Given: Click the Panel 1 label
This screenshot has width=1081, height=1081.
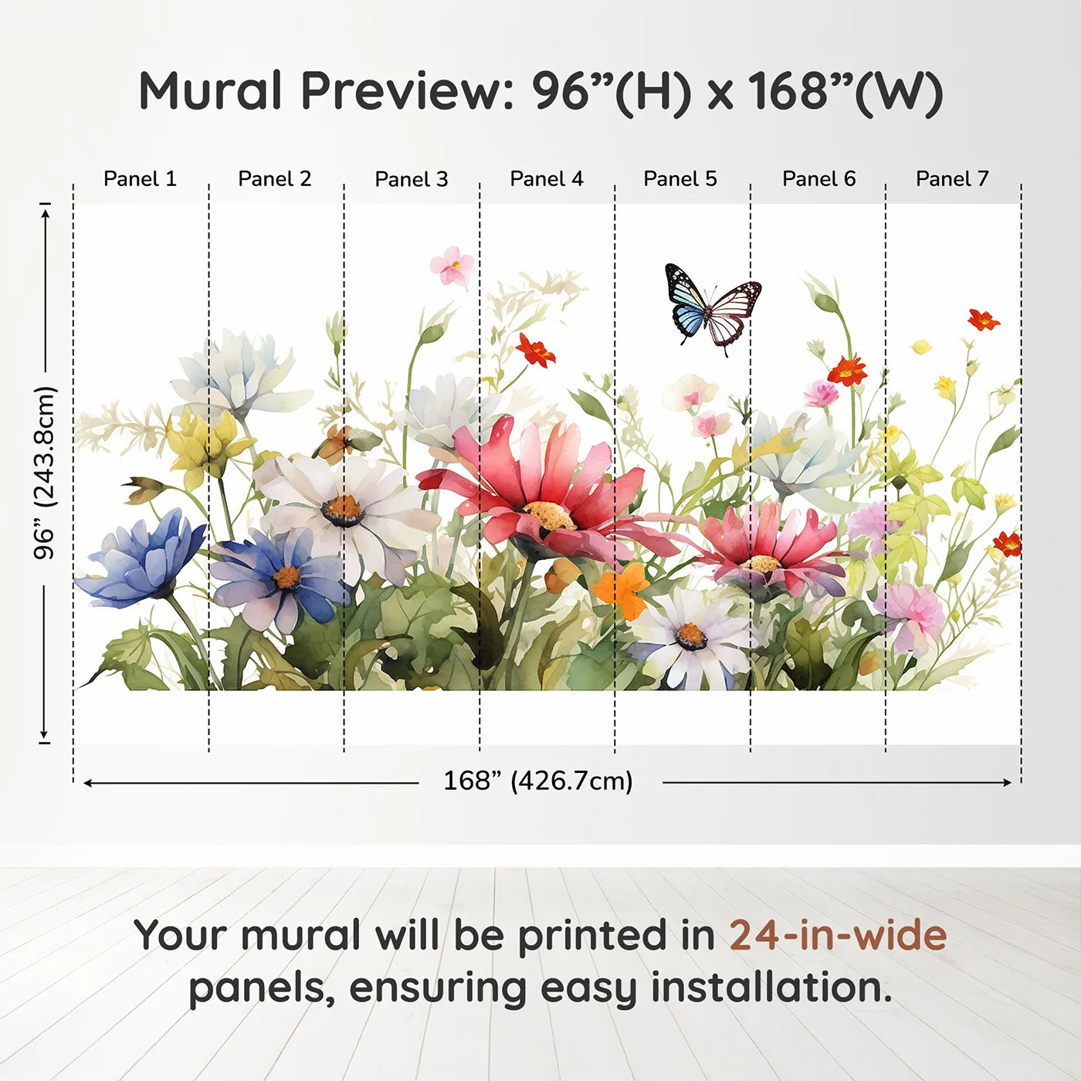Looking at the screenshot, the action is (141, 179).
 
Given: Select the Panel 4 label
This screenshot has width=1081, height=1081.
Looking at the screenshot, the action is (547, 179).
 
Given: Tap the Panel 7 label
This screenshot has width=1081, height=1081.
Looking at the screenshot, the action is (952, 179).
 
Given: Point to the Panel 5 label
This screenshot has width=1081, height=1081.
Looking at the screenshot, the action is (680, 179).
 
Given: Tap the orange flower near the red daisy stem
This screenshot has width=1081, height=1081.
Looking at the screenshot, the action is (621, 589).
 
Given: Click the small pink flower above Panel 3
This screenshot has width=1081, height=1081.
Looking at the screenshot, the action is (452, 266).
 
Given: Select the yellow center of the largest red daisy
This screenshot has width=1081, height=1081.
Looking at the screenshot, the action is (549, 515).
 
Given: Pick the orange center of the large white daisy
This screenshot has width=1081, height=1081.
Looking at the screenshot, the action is (343, 510).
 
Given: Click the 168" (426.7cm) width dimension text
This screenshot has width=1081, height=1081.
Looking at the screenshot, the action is (538, 781).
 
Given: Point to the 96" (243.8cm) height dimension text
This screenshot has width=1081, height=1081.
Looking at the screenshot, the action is (44, 473).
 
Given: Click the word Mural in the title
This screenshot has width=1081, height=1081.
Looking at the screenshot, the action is (210, 91).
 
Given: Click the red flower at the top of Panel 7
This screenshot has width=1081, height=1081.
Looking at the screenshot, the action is (984, 320).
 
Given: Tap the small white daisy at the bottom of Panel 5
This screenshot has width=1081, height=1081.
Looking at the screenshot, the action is (691, 639).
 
